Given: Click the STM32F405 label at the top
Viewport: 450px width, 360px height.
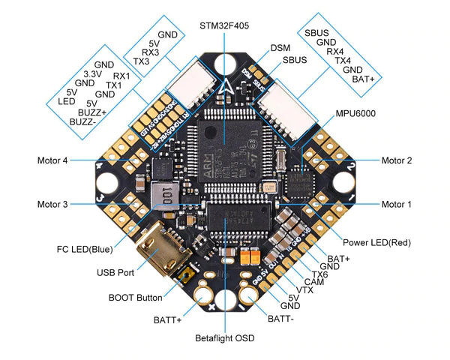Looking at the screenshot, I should [x=224, y=25].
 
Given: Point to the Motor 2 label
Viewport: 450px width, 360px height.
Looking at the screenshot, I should [x=397, y=160].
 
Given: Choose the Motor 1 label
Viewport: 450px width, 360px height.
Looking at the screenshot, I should [x=397, y=204].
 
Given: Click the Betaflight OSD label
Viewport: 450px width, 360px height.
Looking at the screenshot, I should [x=224, y=339].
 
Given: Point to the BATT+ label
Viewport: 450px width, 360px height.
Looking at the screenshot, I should [x=168, y=319].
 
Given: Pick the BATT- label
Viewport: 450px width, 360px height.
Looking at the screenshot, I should [x=280, y=319].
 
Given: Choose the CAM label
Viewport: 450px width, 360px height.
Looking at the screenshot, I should [x=314, y=281].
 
